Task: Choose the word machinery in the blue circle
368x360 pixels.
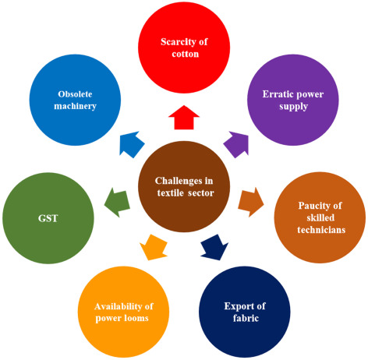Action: (x=76, y=108)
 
